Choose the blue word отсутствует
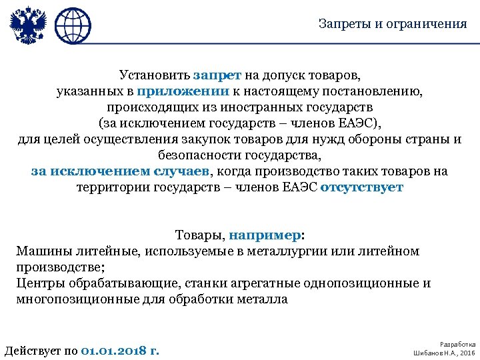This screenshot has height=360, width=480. [362, 187]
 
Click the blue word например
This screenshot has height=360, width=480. [264, 235]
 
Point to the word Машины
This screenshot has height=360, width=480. [41, 251]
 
